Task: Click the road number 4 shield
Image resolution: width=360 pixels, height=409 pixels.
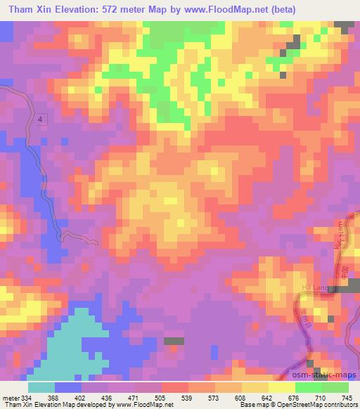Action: pos(41,120)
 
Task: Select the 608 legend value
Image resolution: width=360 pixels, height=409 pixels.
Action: pos(229,397)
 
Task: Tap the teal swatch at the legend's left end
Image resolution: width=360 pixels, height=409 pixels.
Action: pos(41,387)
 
